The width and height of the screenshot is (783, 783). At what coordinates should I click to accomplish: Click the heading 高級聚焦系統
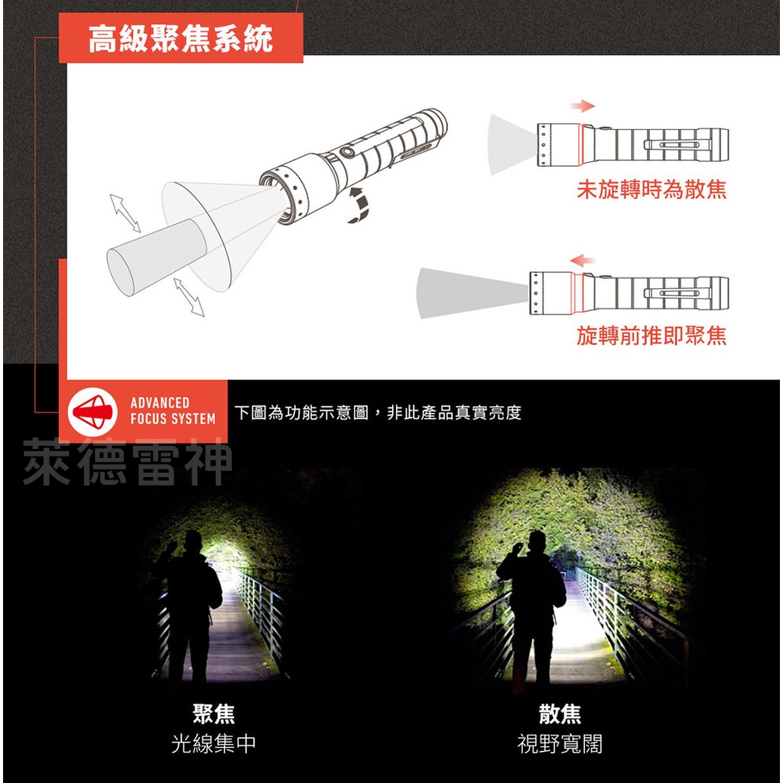click(x=180, y=39)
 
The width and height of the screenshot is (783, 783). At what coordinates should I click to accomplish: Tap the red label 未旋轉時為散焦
click(x=651, y=190)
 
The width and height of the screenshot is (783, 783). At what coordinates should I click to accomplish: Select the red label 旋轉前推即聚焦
click(x=651, y=336)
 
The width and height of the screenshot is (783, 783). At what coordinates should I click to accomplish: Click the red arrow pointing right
click(x=583, y=106)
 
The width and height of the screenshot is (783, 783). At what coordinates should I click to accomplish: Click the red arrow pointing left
click(x=583, y=261)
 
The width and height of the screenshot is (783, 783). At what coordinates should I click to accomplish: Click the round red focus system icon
click(x=93, y=411)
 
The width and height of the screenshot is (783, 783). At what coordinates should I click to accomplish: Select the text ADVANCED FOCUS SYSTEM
click(x=172, y=411)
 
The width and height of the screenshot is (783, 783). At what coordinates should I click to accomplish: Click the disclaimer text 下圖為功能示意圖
click(x=378, y=413)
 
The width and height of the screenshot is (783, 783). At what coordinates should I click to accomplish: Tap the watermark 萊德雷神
click(x=127, y=463)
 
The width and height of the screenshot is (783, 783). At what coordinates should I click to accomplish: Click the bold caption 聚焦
click(x=214, y=715)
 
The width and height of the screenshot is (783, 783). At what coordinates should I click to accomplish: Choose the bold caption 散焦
click(x=560, y=715)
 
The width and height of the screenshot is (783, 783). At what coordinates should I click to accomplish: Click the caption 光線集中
click(x=214, y=744)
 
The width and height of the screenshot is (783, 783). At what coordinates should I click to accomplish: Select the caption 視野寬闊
click(x=560, y=744)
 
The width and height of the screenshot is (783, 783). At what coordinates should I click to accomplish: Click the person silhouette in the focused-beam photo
click(x=189, y=604)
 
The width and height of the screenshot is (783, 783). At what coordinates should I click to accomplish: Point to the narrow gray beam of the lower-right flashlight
click(x=466, y=292)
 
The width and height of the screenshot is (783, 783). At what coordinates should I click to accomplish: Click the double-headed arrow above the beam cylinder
click(x=126, y=213)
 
